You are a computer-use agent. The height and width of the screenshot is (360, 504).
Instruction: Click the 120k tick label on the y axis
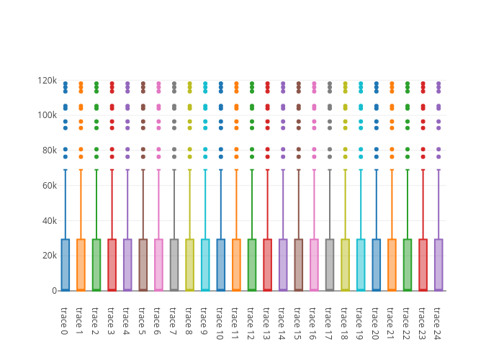[47, 80]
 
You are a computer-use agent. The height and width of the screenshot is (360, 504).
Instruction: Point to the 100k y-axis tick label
[47, 115]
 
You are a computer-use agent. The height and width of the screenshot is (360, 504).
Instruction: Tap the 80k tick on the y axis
[48, 150]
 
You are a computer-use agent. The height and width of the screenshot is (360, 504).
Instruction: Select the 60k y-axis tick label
[48, 185]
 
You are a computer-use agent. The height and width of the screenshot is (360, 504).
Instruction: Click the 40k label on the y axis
[48, 220]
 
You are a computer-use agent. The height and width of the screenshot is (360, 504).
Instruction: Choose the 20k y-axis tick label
[48, 256]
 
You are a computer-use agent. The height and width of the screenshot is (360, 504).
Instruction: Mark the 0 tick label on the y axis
[54, 291]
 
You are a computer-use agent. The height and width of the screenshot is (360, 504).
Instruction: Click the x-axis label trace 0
[65, 320]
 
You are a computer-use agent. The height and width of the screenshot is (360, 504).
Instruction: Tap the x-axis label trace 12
[252, 322]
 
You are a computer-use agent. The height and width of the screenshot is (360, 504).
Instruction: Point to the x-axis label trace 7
[174, 320]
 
